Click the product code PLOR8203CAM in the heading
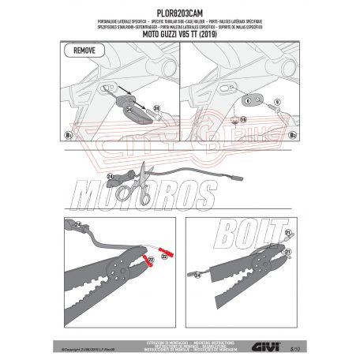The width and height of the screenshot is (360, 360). point(179,6)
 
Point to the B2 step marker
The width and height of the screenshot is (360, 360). point(292,136)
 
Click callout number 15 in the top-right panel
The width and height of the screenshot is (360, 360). point(243,121)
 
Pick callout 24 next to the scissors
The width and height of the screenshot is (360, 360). point(110,175)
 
